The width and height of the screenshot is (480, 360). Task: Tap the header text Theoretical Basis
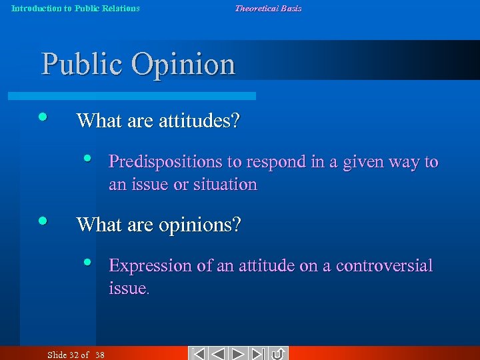(x=268, y=8)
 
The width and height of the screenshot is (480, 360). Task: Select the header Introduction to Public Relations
(x=75, y=8)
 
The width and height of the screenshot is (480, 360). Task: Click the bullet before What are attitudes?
(x=42, y=116)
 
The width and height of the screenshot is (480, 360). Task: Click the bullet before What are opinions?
(x=42, y=220)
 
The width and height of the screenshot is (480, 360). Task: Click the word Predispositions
(x=156, y=162)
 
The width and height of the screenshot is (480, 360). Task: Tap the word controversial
(x=384, y=266)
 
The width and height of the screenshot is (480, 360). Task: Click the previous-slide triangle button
(x=219, y=353)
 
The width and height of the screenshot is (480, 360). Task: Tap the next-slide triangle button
(x=239, y=353)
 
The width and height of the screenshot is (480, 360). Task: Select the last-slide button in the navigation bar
(x=259, y=353)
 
